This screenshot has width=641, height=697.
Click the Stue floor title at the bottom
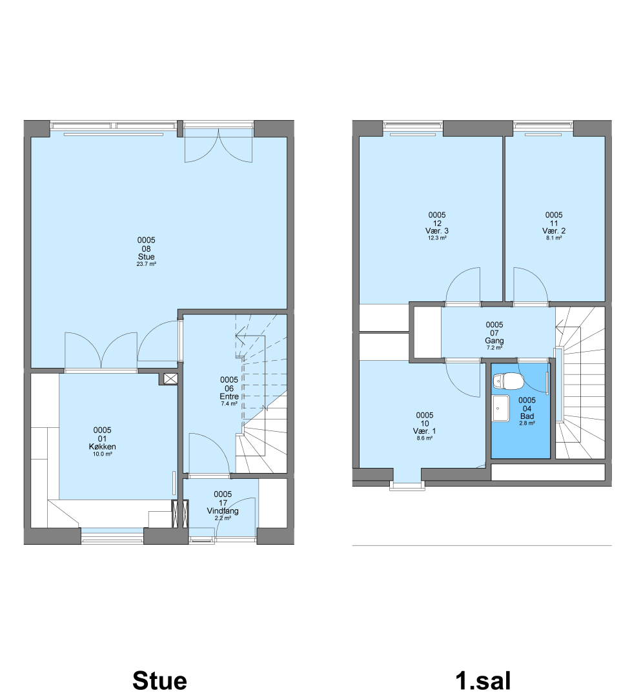(159, 681)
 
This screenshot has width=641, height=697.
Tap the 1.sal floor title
(483, 681)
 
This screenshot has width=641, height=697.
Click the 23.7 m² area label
(147, 264)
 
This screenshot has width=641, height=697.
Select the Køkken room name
(102, 447)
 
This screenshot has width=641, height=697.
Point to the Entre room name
(229, 396)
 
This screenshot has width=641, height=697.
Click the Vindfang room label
(223, 511)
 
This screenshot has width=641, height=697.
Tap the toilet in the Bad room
(508, 381)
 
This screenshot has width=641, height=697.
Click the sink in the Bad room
(501, 408)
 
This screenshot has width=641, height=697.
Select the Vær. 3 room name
(437, 230)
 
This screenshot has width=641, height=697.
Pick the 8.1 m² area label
(554, 237)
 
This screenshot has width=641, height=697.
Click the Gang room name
(494, 341)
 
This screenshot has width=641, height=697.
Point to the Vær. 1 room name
(425, 431)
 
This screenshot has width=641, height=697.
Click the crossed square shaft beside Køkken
(170, 379)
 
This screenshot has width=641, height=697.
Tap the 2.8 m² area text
(527, 423)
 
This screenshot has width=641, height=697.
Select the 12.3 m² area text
(437, 237)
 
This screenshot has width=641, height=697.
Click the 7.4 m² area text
(229, 403)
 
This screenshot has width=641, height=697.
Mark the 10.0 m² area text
(102, 454)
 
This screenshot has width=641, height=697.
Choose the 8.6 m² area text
(425, 438)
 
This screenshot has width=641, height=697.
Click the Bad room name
(527, 416)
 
